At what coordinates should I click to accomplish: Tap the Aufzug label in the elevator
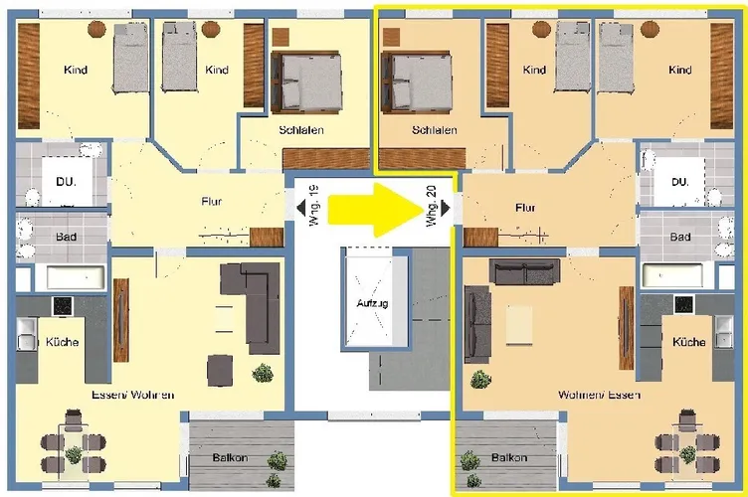(x=372, y=303)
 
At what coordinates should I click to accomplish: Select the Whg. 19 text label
(x=313, y=206)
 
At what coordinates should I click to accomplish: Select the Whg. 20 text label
(x=431, y=206)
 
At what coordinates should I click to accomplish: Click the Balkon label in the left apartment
(x=230, y=457)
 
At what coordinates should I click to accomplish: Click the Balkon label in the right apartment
(x=509, y=457)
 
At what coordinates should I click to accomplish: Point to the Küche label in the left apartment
(x=62, y=342)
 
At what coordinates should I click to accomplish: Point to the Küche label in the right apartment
(x=689, y=342)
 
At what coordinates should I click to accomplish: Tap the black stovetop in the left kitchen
(x=63, y=306)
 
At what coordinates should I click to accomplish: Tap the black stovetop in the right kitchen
(x=684, y=305)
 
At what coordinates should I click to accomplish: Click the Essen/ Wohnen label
(x=132, y=395)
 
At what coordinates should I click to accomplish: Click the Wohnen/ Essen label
(x=599, y=395)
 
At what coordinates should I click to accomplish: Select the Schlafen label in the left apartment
(x=301, y=129)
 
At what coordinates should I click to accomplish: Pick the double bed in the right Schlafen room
(x=416, y=82)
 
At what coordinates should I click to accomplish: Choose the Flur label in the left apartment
(x=211, y=201)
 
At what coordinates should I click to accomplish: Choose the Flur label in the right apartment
(x=525, y=208)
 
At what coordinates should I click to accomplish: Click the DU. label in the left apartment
(x=66, y=182)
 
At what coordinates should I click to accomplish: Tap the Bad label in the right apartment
(x=680, y=237)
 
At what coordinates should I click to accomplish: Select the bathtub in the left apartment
(x=76, y=277)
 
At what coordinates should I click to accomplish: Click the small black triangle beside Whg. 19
(x=301, y=208)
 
